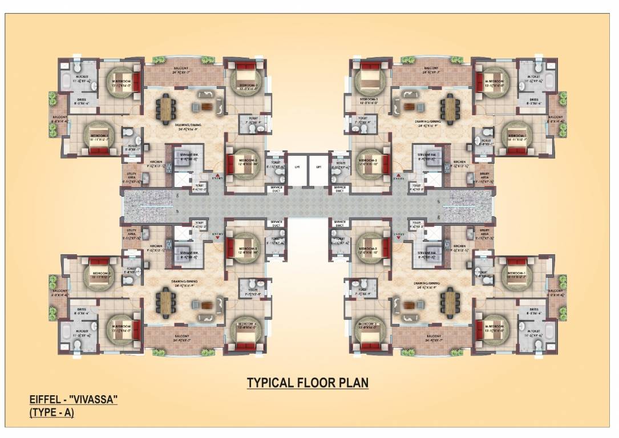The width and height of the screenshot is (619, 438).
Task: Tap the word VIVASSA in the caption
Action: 94,400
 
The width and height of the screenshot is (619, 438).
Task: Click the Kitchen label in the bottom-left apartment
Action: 157,246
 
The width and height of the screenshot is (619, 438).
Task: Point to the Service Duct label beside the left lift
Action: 277,189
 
